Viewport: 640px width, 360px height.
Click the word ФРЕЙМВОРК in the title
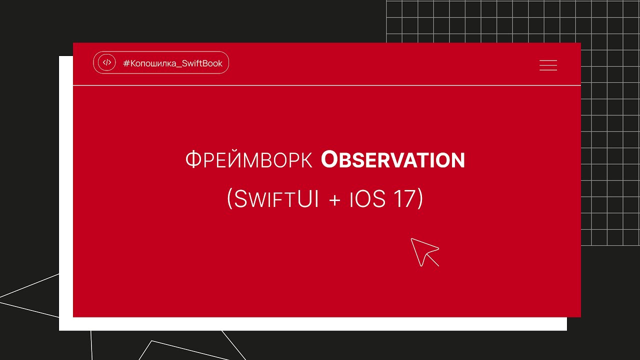point(248,160)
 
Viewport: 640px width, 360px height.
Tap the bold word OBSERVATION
point(393,160)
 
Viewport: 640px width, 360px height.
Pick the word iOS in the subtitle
point(367,199)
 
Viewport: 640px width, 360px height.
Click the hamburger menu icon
point(548,65)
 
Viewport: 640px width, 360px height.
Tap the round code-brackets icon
point(106,63)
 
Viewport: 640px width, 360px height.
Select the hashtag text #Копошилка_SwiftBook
point(172,63)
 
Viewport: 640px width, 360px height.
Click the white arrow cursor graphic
point(424,251)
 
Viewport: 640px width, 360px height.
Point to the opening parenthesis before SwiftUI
point(230,199)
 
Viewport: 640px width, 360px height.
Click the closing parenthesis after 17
point(420,199)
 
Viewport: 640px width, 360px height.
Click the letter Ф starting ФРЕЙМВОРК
point(192,160)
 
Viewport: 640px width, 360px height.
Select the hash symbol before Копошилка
point(126,63)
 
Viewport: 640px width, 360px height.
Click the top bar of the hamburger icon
point(548,61)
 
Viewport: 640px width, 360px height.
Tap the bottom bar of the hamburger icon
point(548,70)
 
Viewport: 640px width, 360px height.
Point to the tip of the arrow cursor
point(412,239)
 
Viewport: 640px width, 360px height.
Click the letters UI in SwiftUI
point(309,199)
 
